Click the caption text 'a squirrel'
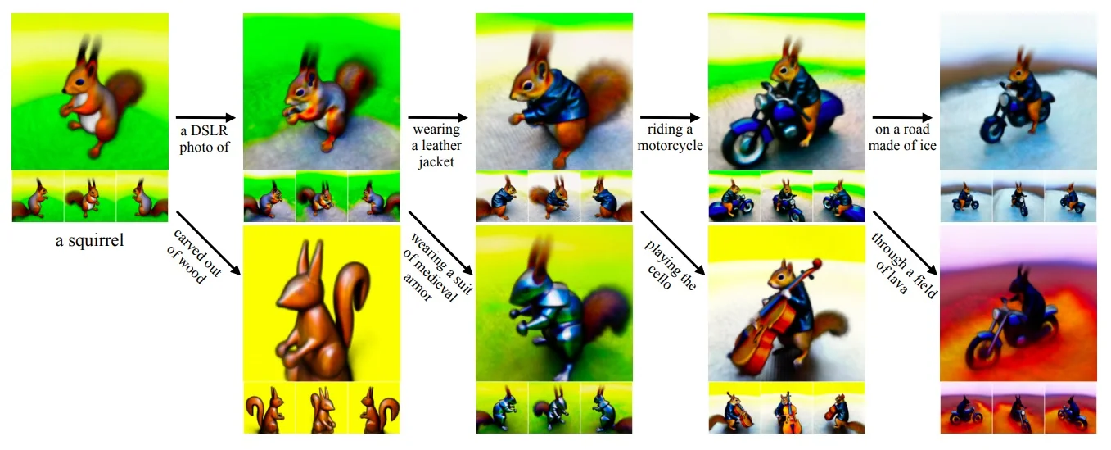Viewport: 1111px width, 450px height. pos(89,240)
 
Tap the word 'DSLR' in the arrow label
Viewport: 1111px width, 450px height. pos(210,130)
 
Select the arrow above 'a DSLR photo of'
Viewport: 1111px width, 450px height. pos(205,118)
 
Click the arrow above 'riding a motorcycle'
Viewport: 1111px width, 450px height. pos(670,118)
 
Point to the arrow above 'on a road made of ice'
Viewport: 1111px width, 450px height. pos(902,118)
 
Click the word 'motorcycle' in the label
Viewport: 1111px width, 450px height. pos(670,146)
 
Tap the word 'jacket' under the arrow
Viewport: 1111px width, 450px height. pos(436,162)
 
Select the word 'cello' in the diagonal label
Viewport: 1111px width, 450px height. pos(659,277)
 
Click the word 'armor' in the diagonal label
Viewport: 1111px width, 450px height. pos(417,287)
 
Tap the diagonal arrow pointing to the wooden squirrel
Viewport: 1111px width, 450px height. pos(209,243)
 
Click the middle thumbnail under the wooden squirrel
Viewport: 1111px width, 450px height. pos(322,408)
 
